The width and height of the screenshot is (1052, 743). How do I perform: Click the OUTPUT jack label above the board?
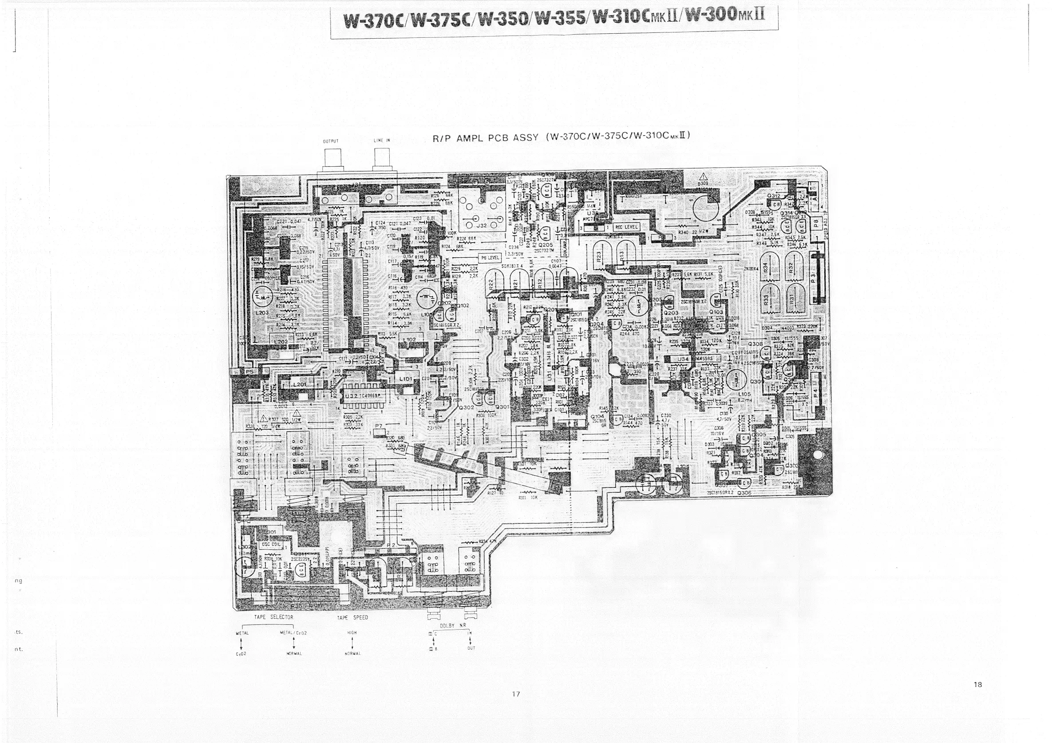tap(331, 141)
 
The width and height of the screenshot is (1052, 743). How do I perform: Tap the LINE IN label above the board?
tap(382, 141)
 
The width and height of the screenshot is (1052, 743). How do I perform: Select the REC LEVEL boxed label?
tap(626, 227)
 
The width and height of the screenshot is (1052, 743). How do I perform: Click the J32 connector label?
tap(482, 226)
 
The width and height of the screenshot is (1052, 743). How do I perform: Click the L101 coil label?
tap(406, 379)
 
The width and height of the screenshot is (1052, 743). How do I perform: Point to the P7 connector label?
tap(379, 426)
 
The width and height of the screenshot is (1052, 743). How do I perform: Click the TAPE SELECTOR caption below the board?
tap(273, 617)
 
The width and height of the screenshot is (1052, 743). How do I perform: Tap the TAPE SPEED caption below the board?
tap(352, 618)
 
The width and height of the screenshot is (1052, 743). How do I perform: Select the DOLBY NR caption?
tap(450, 626)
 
